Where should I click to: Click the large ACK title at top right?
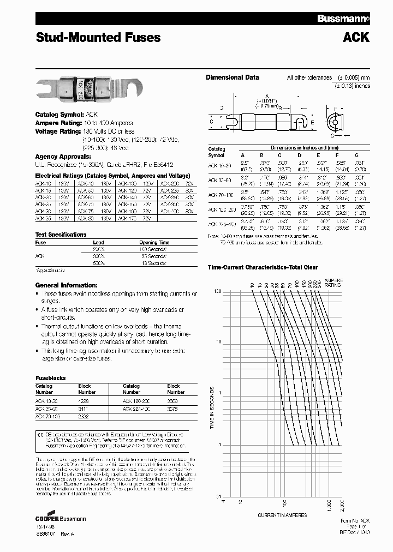[x=355, y=38]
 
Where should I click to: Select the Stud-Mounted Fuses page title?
[x=98, y=38]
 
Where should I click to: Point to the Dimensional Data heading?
[x=232, y=77]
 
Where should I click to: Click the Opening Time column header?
[x=154, y=242]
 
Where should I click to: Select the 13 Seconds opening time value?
[x=154, y=263]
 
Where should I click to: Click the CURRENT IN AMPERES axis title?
[x=282, y=515]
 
